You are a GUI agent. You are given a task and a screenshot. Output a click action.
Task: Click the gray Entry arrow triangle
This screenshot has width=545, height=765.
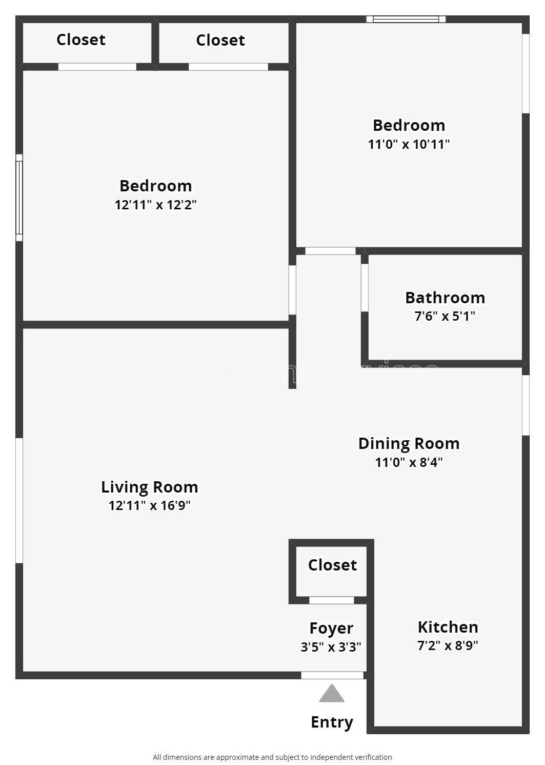(332, 694)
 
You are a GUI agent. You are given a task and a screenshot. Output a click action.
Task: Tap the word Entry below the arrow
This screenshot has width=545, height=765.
(332, 722)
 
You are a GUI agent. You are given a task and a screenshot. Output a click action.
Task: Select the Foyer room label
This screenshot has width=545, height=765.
(331, 628)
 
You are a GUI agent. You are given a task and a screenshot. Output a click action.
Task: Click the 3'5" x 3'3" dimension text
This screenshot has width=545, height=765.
(331, 646)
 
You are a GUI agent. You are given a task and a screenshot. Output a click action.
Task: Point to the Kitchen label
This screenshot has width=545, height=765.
(448, 627)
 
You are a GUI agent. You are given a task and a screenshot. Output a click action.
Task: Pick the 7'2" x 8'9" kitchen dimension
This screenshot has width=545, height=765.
(448, 645)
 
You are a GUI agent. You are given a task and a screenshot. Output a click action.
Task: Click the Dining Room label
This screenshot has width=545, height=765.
(409, 443)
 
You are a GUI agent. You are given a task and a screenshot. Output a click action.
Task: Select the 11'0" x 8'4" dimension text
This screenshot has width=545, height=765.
(409, 462)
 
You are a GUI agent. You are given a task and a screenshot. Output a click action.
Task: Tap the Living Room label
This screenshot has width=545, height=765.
(149, 486)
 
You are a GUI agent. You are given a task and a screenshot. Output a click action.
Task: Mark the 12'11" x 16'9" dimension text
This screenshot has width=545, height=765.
(149, 505)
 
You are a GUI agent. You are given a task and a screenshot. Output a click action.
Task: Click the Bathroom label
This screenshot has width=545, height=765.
(445, 298)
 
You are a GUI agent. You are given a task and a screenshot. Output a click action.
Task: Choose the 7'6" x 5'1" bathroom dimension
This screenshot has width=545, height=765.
(445, 316)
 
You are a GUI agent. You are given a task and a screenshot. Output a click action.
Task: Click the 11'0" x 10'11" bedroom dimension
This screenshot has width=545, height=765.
(409, 144)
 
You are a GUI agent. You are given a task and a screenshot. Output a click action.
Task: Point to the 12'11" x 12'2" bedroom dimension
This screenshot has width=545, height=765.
(155, 205)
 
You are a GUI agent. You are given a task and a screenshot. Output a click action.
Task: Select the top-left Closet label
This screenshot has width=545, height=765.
(81, 40)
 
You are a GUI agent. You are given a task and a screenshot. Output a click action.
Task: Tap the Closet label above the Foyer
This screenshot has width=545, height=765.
(332, 565)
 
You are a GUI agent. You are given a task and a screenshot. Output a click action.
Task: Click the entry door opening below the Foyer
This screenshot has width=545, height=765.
(332, 675)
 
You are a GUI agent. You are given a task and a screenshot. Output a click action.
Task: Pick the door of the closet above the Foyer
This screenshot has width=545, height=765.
(331, 600)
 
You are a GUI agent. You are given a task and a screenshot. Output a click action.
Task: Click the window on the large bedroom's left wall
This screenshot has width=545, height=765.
(19, 198)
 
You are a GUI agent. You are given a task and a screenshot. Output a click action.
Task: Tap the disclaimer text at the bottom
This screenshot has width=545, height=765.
(272, 757)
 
